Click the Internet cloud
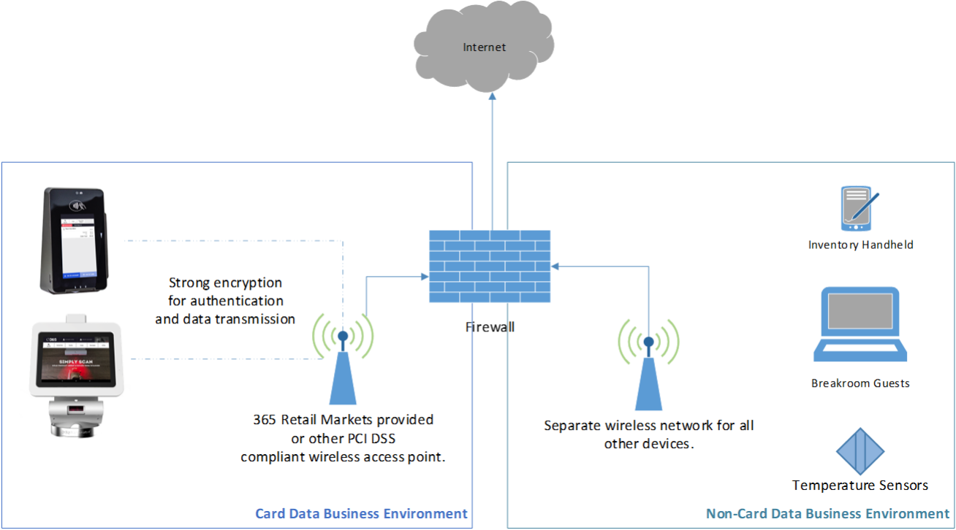pos(485,47)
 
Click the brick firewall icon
pos(490,266)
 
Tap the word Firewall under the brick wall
pos(490,327)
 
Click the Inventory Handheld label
pos(860,245)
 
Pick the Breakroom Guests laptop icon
pos(860,325)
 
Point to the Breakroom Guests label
pos(860,383)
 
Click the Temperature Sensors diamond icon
pos(860,453)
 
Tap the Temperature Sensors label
pos(860,485)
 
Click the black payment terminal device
pos(73,241)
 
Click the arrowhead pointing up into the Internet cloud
pos(491,96)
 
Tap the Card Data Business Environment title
pos(361,514)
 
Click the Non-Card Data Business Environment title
pos(827,514)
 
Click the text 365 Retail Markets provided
pos(343,420)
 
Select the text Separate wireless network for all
pos(648,426)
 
